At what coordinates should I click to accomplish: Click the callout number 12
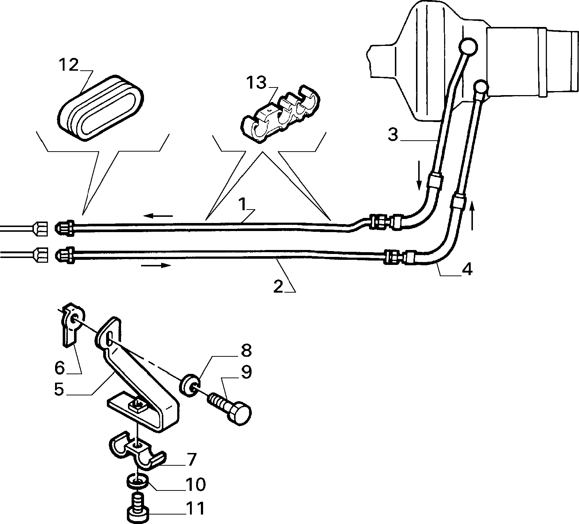69,65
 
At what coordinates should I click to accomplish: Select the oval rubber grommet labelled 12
101,108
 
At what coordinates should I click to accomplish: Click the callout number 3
393,134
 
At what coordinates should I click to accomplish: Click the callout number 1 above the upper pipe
244,204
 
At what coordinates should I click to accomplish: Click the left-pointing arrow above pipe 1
158,216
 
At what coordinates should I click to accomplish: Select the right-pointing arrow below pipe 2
156,265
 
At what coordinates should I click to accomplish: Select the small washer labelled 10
137,481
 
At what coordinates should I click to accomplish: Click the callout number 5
59,389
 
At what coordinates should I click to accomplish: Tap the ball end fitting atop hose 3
468,46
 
